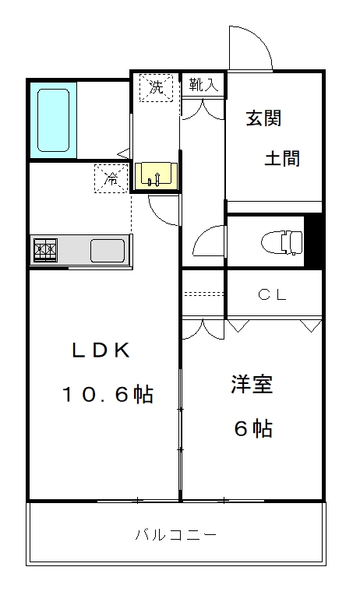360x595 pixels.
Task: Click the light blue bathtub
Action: (53, 120)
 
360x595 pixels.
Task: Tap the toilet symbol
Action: (282, 242)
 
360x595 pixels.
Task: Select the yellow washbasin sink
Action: (156, 176)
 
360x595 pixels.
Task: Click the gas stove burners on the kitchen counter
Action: (45, 250)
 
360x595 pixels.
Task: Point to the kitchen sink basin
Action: (108, 251)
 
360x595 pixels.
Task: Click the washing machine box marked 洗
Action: (156, 88)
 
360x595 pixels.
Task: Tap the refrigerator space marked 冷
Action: (111, 178)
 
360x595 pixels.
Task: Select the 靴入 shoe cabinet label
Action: (203, 84)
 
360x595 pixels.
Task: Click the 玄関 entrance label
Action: (263, 118)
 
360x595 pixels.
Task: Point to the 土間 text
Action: (282, 158)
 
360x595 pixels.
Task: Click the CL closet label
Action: (272, 295)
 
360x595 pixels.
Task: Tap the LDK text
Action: (101, 350)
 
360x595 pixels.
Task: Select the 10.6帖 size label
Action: (108, 395)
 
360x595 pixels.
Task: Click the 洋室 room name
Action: (252, 384)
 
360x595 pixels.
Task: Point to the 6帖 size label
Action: (253, 428)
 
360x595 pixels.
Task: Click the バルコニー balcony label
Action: (176, 535)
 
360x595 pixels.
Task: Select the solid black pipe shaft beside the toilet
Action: (314, 242)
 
